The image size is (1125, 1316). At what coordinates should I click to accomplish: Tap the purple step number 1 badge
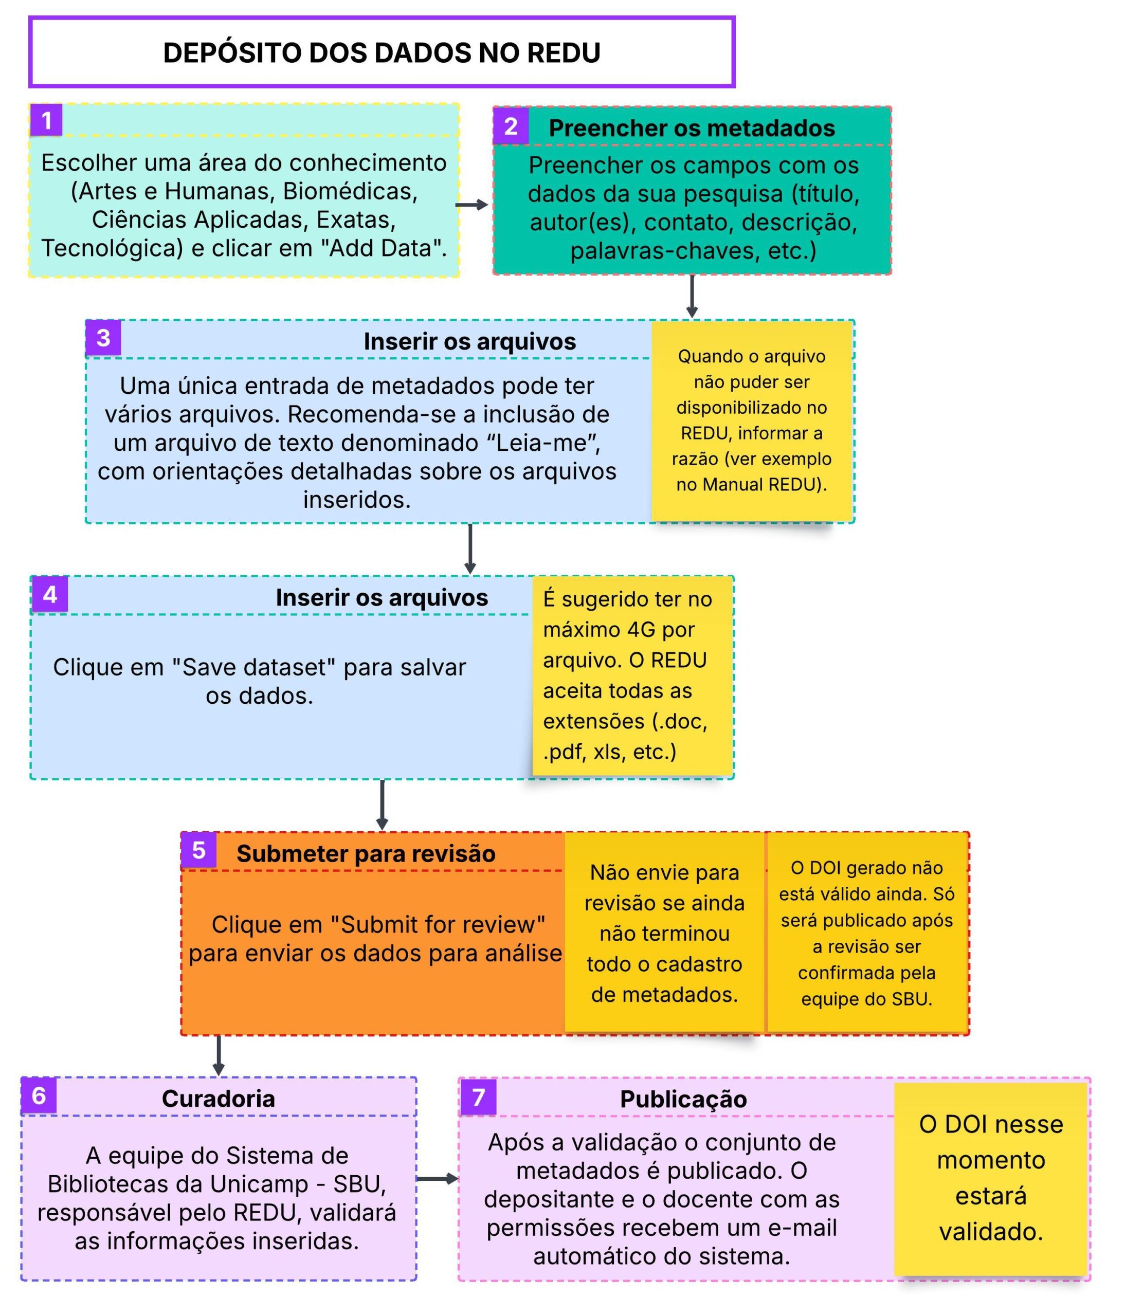coord(46,120)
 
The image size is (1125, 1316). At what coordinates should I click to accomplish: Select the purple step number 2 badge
coord(511,127)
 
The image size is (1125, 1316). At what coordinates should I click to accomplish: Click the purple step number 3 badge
coord(103,338)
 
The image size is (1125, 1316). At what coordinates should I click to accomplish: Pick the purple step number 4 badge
coord(49,594)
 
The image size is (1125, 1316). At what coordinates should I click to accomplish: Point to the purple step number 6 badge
coord(39,1095)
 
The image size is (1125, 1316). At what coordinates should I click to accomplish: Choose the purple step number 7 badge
coord(478,1096)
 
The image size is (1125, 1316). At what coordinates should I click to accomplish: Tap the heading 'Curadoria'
coord(218,1099)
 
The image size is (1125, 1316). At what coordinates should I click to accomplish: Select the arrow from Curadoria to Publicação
coord(437,1179)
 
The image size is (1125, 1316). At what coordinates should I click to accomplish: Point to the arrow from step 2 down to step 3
coord(692,297)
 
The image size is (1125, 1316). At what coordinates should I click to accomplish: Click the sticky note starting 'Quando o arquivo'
coord(752,421)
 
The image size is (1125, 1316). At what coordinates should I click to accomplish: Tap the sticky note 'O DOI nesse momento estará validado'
coord(990,1178)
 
